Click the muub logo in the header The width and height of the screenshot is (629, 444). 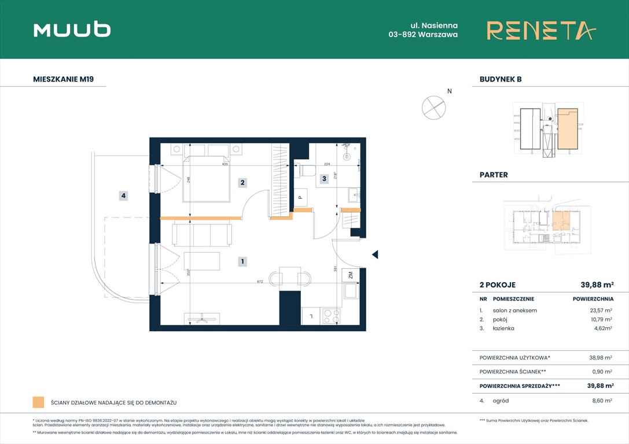[72, 30]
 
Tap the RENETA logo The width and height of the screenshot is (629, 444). [540, 30]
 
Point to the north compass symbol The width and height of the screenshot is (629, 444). [433, 106]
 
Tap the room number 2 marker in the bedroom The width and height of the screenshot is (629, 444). [243, 183]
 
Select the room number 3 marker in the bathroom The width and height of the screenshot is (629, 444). [325, 179]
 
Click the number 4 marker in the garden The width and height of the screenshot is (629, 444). [123, 196]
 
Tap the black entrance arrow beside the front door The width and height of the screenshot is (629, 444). [375, 254]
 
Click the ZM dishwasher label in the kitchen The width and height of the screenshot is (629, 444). [350, 276]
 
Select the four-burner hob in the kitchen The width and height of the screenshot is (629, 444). [332, 316]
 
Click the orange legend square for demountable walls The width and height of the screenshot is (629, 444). [38, 402]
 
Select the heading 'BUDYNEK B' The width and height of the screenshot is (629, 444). [500, 79]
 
